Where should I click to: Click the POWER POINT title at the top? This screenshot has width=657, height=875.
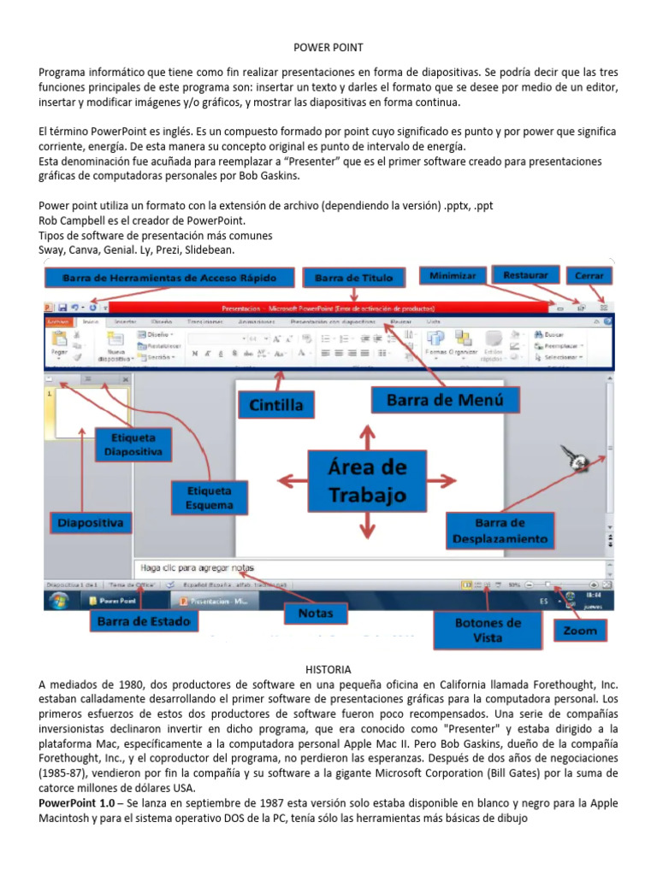(x=328, y=48)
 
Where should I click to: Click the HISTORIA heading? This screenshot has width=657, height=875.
(x=328, y=669)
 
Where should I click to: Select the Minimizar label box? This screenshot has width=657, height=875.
(x=453, y=276)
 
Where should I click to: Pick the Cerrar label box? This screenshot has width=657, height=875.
(x=589, y=276)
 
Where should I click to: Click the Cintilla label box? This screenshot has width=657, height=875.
(x=276, y=402)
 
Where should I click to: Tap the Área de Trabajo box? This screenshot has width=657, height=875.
(x=368, y=482)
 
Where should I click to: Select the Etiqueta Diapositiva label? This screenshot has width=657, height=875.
(x=133, y=443)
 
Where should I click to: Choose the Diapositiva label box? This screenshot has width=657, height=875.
(x=91, y=521)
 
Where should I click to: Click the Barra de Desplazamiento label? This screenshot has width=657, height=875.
(x=500, y=531)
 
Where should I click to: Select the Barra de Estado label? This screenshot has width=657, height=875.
(x=143, y=621)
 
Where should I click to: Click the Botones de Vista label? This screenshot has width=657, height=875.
(x=488, y=630)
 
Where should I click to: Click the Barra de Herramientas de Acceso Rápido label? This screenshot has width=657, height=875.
(x=169, y=278)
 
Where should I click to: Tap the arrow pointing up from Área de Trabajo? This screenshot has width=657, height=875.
(x=368, y=436)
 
